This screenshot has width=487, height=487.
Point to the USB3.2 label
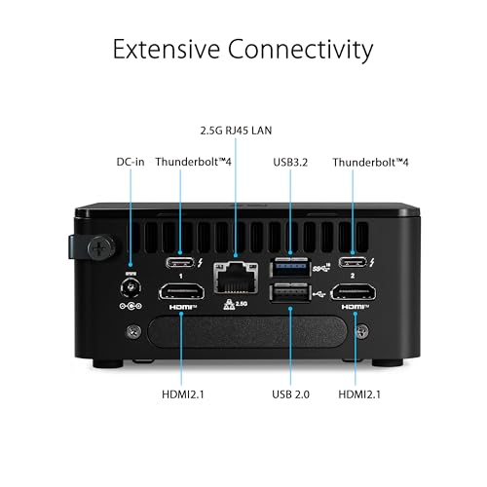click(292, 164)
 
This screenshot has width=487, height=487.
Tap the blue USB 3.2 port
click(292, 263)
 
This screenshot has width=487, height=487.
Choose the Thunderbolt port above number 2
click(352, 262)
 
